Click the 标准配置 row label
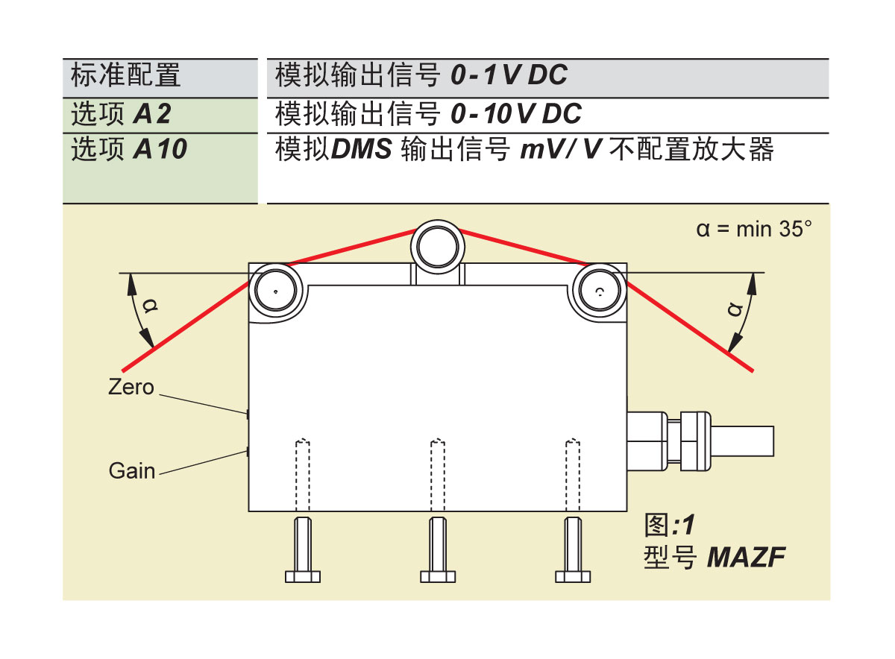point(125,75)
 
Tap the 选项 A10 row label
point(128,150)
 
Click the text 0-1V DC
point(509,75)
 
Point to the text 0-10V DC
point(516,114)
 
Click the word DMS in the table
point(362,150)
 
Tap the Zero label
point(131,388)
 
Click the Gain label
point(132,471)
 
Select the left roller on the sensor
point(275,291)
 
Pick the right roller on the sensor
point(600,291)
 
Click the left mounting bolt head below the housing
point(303,576)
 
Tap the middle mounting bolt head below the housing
point(438,576)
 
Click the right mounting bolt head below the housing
point(573,576)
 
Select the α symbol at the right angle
point(737,309)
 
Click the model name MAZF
point(746,557)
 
